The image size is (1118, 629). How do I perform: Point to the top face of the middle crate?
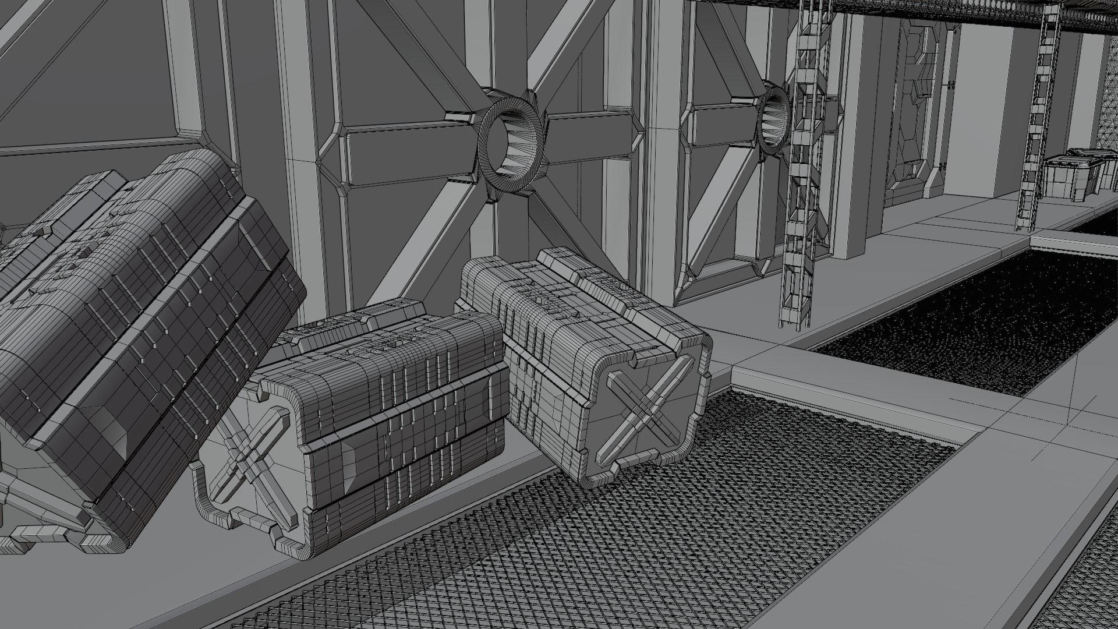click(373, 329)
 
